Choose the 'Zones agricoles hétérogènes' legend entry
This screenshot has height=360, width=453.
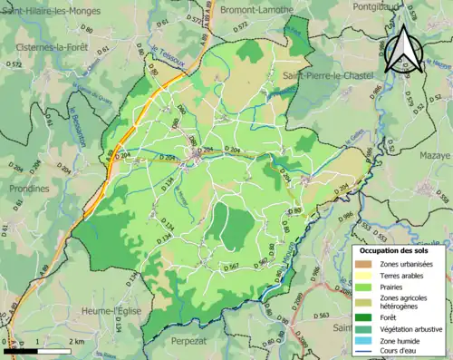tap(367, 303)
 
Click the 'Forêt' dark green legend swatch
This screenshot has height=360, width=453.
tap(367, 317)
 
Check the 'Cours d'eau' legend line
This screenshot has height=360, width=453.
tap(367, 354)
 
